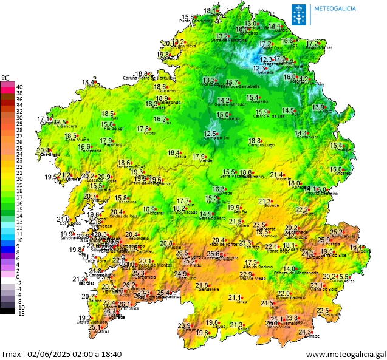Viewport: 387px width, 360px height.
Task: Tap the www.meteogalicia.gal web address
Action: click(345, 354)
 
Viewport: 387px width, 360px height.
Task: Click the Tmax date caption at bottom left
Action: click(61, 354)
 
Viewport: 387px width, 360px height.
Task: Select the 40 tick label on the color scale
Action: click(19, 86)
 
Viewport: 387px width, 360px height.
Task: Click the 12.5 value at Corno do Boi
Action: click(210, 134)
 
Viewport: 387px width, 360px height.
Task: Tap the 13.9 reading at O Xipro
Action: click(319, 107)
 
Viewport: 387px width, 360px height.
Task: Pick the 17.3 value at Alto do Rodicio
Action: click(251, 263)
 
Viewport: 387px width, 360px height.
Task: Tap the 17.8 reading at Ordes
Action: click(143, 129)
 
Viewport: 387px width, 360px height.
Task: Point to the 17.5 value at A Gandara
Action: click(60, 122)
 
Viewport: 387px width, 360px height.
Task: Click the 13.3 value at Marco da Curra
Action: click(209, 80)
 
